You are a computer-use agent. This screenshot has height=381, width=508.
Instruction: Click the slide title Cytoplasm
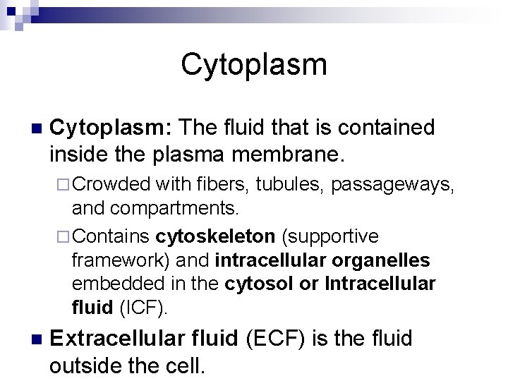click(x=254, y=64)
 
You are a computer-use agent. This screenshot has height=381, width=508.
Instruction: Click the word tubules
click(x=289, y=185)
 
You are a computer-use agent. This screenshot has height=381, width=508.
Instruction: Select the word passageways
click(x=392, y=186)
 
